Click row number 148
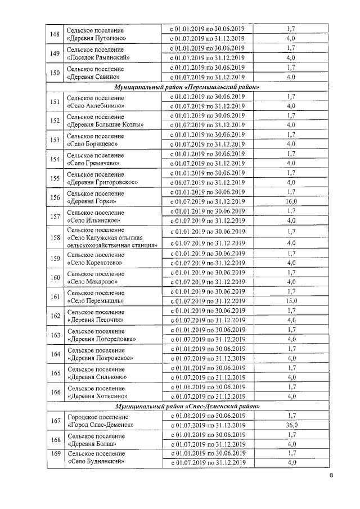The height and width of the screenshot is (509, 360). pos(55,34)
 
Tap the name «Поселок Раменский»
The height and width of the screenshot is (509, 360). pos(98,58)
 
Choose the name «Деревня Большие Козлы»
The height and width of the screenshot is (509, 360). pos(105,124)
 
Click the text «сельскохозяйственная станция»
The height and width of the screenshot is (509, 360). pos(111,245)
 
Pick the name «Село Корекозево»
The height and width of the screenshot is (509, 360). pos(94,263)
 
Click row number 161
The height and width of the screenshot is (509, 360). pos(55,296)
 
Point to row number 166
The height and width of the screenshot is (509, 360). pos(55,392)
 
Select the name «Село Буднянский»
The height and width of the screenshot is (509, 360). pos(95,462)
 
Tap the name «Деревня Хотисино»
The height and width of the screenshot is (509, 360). pos(96,397)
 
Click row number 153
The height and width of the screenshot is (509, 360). pos(55,139)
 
